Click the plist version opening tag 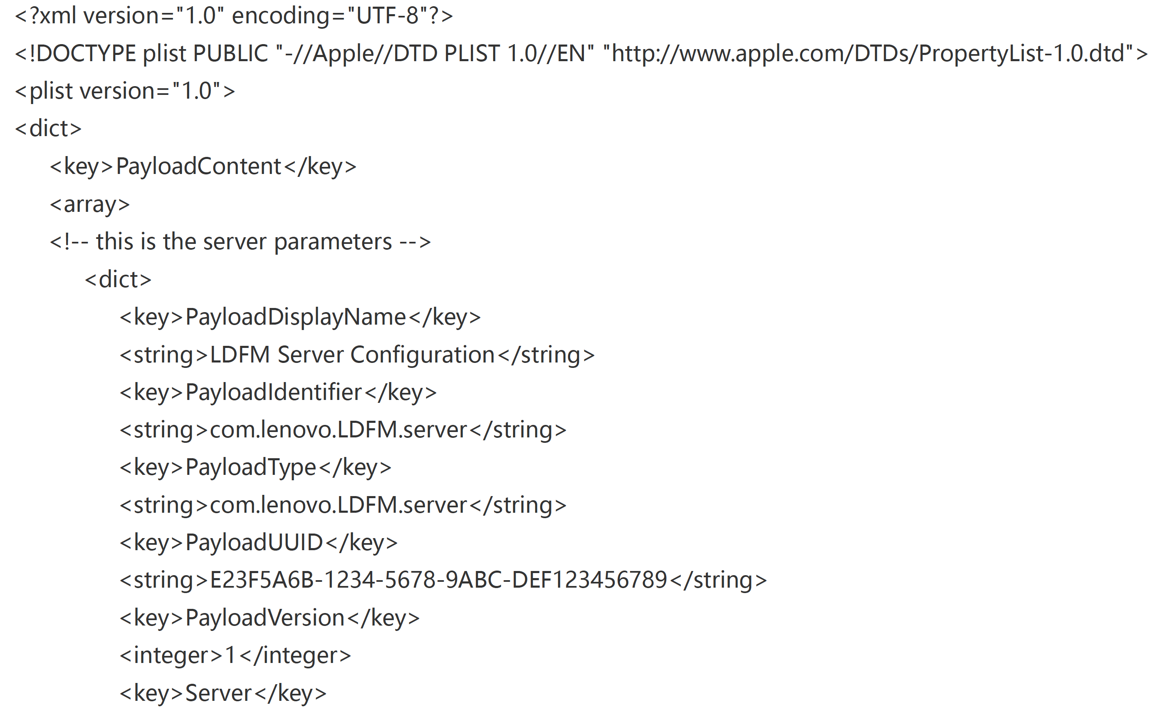[x=124, y=91]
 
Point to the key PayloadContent [x=198, y=166]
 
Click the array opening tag [x=89, y=204]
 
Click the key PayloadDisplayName [x=295, y=317]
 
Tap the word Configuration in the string [x=422, y=355]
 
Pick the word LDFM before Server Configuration [x=240, y=355]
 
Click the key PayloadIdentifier [x=274, y=392]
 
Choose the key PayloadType [x=250, y=467]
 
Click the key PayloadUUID [x=254, y=543]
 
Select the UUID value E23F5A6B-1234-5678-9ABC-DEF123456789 [x=438, y=580]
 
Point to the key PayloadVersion [x=265, y=618]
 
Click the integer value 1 [x=230, y=656]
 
